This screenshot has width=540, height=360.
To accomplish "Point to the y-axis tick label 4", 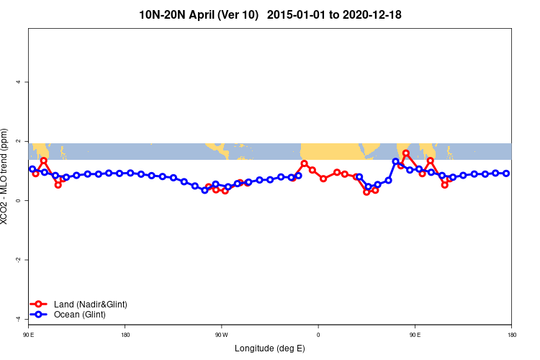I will pyautogui.click(x=18, y=82).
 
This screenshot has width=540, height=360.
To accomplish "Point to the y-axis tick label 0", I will pyautogui.click(x=18, y=200).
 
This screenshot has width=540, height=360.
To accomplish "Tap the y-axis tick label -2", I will pyautogui.click(x=18, y=259).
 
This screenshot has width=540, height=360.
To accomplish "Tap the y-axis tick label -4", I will pyautogui.click(x=18, y=318).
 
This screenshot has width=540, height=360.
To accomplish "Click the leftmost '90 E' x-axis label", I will pyautogui.click(x=28, y=335).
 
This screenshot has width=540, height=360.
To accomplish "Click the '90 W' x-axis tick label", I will pyautogui.click(x=221, y=335).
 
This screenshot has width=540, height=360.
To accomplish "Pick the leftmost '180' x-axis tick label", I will pyautogui.click(x=125, y=335).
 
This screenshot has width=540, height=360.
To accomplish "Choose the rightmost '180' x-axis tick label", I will pyautogui.click(x=511, y=335).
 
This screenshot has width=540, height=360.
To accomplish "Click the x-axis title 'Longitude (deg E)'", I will pyautogui.click(x=269, y=348).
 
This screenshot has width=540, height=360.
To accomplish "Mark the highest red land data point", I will pyautogui.click(x=406, y=153).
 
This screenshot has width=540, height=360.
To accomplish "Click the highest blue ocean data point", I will pyautogui.click(x=395, y=161).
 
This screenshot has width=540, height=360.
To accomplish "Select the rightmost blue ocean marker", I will pyautogui.click(x=506, y=174).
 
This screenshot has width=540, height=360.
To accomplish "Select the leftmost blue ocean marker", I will pyautogui.click(x=32, y=169).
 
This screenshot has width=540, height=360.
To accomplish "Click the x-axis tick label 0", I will pyautogui.click(x=318, y=335).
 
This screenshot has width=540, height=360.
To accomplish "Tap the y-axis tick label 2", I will pyautogui.click(x=18, y=141).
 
